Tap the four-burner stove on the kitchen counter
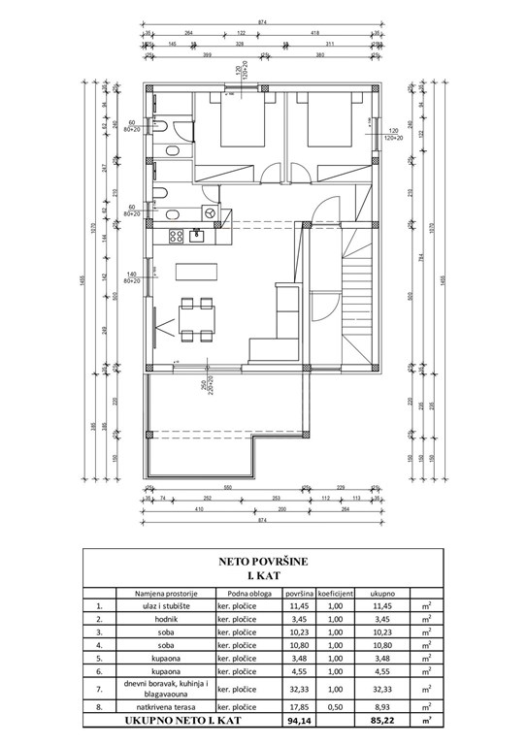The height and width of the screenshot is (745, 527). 178,235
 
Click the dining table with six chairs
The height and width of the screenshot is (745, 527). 197,319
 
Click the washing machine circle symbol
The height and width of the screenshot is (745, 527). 208,211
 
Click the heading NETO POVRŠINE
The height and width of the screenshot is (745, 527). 262,561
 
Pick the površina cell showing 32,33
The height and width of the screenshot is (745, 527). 298,688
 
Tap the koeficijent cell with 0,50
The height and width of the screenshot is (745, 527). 335,708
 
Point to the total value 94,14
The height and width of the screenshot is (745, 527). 298,722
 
